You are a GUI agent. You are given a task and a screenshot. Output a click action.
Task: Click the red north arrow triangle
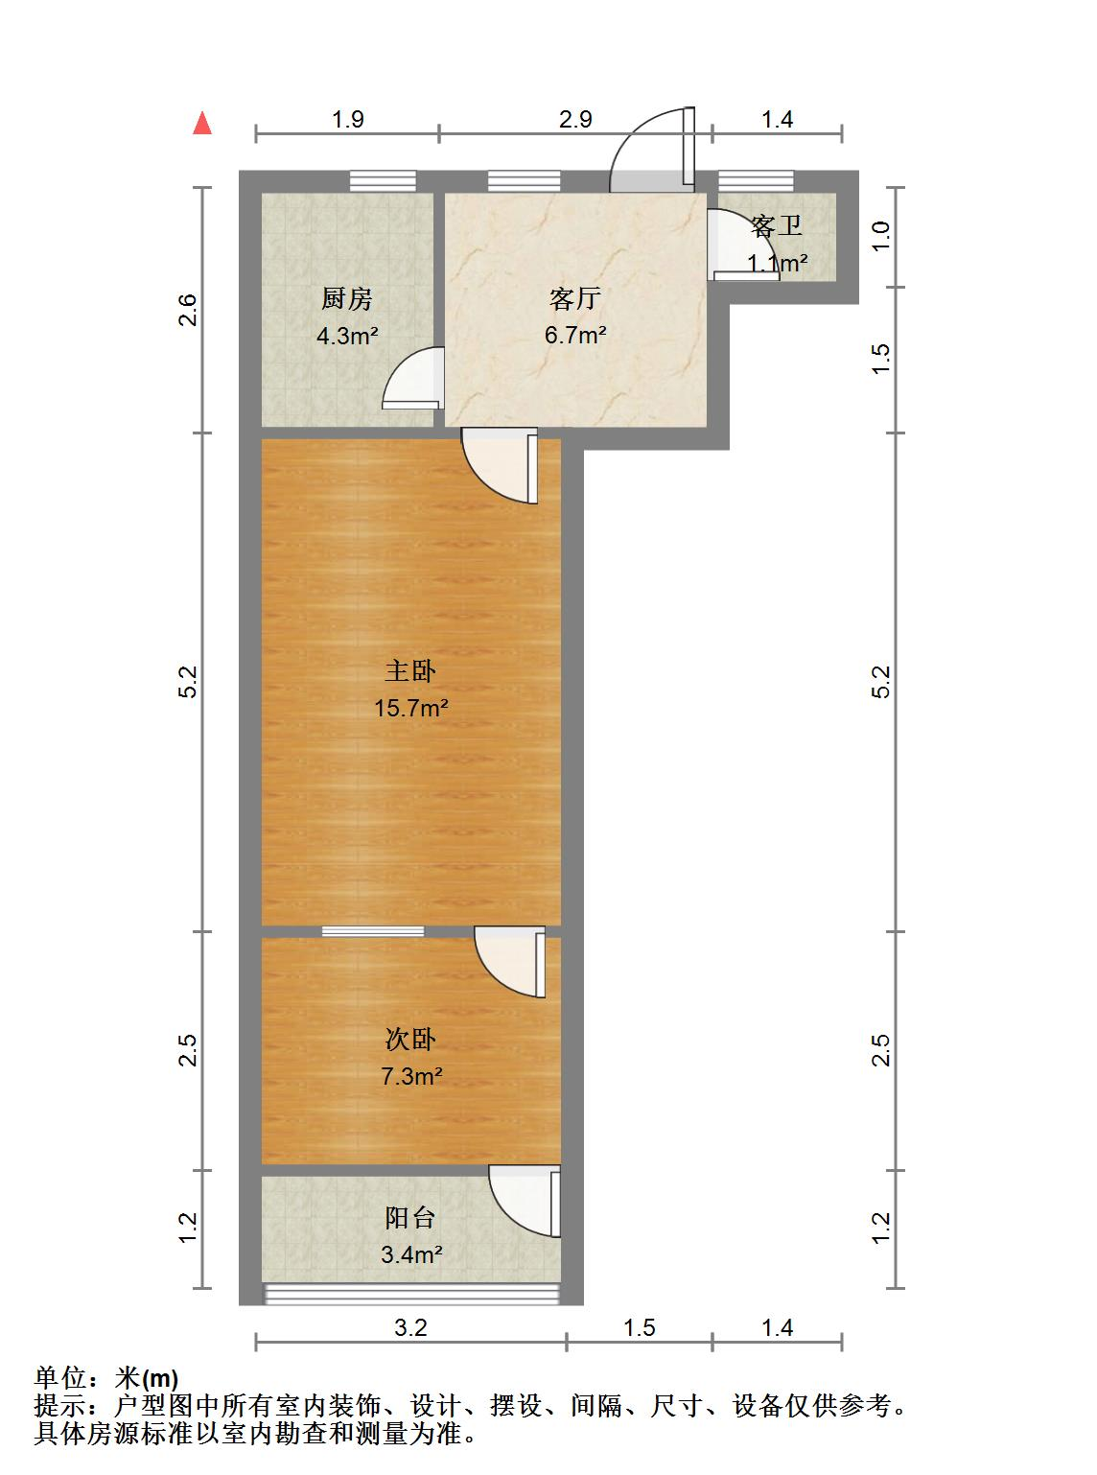coord(202,124)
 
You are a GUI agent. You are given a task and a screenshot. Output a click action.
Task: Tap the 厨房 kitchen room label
coord(347,298)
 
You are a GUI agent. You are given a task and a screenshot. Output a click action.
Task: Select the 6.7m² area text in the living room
coord(575,335)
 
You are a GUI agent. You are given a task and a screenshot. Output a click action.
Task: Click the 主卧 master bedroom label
coord(410,671)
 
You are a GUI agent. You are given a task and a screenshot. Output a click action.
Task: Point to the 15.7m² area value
coord(410,708)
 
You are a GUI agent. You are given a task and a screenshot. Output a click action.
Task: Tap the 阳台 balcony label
coord(410,1218)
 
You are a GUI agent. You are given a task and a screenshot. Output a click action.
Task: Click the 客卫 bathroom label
coord(777,226)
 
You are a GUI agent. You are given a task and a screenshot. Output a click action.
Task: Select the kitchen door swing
coord(413,378)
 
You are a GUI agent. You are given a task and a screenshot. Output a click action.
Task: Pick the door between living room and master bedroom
coord(500,465)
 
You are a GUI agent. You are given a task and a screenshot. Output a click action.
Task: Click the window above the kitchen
coord(383,181)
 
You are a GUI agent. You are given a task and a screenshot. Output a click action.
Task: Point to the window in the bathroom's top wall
coord(756,181)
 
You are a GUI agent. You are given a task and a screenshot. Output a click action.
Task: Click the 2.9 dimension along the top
coord(575,120)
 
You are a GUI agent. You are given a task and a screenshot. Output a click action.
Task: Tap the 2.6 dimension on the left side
coord(189,310)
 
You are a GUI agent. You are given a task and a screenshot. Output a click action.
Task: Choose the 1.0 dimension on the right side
coord(879,236)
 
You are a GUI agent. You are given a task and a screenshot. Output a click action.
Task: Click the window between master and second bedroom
coord(373,931)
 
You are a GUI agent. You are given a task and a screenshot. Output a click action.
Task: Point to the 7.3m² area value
coord(411,1076)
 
